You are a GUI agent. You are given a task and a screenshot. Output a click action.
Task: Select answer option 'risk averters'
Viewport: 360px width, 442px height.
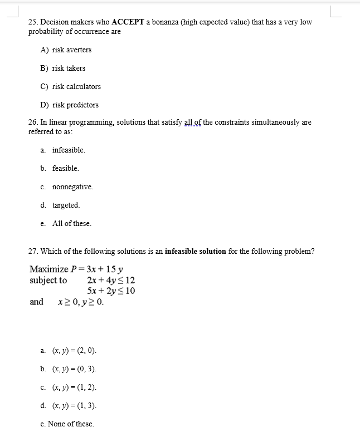point(71,50)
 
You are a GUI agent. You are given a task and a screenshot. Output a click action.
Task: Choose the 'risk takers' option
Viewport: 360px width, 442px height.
point(69,68)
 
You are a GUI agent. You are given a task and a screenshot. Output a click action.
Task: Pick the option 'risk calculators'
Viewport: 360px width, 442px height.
point(76,87)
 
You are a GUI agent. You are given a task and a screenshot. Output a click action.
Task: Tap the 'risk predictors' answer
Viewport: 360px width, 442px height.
point(75,105)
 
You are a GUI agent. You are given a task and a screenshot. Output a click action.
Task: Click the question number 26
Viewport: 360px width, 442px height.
point(33,122)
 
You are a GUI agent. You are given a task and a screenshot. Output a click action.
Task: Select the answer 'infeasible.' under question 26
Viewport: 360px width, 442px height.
point(69,150)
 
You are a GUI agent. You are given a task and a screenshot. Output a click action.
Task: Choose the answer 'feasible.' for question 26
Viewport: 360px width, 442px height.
point(66,168)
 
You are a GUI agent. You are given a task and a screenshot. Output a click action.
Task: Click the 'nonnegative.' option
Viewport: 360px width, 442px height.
point(72,187)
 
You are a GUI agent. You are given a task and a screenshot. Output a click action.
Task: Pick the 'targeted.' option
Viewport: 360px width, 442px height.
point(66,205)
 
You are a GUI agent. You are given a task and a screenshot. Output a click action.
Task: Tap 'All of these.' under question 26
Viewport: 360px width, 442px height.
point(71,224)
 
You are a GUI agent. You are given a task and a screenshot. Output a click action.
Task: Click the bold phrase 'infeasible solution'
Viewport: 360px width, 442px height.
point(195,251)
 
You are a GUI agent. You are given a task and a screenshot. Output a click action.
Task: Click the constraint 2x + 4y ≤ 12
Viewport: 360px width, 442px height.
point(111,280)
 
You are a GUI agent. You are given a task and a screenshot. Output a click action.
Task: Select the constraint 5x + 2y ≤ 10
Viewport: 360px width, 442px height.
point(111,291)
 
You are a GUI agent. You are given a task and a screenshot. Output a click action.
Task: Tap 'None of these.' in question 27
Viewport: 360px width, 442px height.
point(70,424)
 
